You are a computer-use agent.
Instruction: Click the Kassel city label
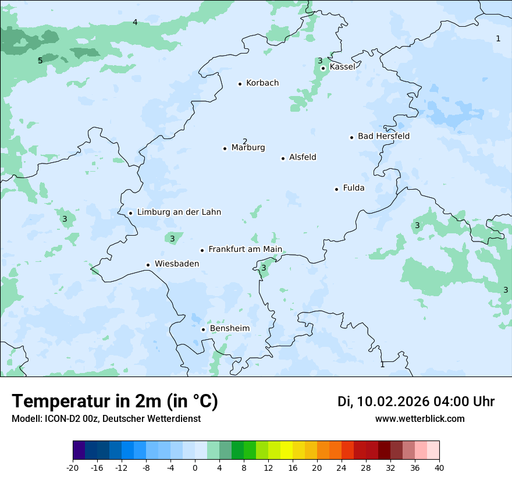point(342,67)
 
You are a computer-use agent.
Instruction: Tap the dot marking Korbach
point(240,84)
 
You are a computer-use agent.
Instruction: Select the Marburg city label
point(248,148)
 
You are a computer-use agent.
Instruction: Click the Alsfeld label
point(303,157)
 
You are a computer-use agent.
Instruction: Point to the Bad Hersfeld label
point(383,136)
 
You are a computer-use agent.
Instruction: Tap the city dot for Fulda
point(336,189)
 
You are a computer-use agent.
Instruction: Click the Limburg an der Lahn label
point(179,212)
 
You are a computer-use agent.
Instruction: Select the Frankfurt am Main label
point(245,250)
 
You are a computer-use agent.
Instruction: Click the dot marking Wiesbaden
point(148,265)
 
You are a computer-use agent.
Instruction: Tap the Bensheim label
point(229,329)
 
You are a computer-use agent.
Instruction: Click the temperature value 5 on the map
point(40,61)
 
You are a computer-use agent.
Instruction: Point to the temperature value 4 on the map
point(135,22)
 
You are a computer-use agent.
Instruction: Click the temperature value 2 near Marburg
point(245,141)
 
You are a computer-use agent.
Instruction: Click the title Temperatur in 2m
point(115,401)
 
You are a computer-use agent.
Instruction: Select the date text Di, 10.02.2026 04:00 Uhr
point(416,402)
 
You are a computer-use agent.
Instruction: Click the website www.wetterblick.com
point(419,419)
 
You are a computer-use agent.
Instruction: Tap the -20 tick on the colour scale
point(73,467)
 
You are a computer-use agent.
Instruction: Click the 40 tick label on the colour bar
point(439,467)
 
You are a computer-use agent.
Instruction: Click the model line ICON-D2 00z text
point(106,419)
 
